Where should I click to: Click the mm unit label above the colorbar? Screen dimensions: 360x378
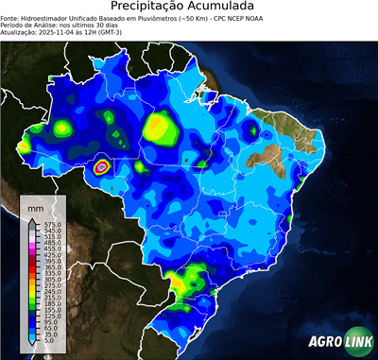(x=35, y=205)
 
